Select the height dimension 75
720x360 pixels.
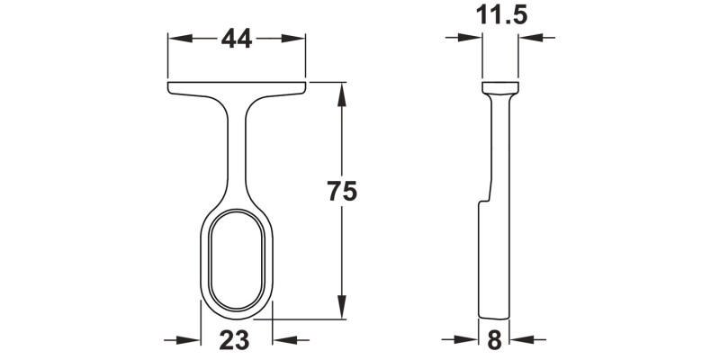pyautogui.click(x=342, y=192)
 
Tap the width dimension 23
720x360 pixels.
pyautogui.click(x=235, y=340)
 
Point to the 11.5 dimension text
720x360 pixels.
pyautogui.click(x=501, y=15)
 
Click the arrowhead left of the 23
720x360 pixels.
pyautogui.click(x=188, y=340)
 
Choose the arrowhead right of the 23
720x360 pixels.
pyautogui.click(x=284, y=340)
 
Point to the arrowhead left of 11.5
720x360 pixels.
pyautogui.click(x=471, y=38)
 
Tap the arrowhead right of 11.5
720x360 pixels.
pyautogui.click(x=532, y=38)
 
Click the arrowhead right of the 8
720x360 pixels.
pyautogui.click(x=522, y=340)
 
